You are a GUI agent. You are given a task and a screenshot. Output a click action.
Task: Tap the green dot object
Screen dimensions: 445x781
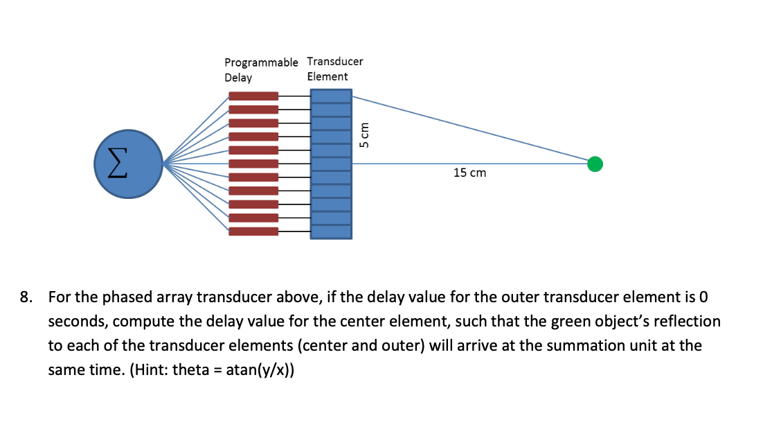[594, 164]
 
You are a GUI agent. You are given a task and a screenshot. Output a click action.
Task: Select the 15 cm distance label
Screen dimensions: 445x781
[469, 173]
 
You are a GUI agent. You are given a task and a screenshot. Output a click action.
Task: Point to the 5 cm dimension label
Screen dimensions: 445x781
[365, 135]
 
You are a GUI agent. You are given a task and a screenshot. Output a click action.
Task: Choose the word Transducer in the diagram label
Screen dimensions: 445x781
[335, 61]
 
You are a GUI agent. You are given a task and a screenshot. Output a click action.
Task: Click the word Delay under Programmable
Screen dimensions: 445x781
[238, 77]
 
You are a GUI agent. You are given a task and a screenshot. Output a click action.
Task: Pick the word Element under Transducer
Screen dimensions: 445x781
[327, 76]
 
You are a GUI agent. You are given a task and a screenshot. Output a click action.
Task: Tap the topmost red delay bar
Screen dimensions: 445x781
[253, 96]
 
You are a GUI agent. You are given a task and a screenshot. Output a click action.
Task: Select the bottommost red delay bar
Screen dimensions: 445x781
[253, 232]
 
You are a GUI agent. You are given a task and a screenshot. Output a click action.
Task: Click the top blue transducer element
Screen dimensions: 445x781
[330, 96]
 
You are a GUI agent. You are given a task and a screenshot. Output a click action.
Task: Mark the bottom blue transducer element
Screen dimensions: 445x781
[330, 232]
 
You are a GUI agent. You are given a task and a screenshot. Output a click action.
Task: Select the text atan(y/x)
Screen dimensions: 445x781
[259, 369]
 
